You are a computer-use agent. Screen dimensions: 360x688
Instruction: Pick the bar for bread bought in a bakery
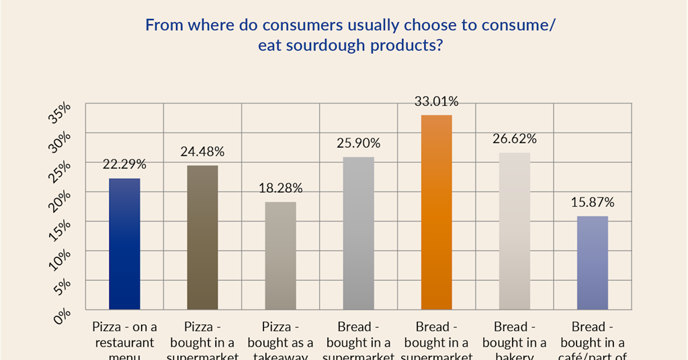514,231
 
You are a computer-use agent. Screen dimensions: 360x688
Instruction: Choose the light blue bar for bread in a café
592,263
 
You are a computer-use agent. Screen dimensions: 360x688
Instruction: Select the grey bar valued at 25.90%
358,233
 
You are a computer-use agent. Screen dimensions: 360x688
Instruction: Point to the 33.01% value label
436,102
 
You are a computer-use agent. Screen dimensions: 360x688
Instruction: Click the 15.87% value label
592,202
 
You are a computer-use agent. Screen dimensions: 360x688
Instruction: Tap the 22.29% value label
124,165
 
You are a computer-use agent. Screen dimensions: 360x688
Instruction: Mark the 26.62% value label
514,139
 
